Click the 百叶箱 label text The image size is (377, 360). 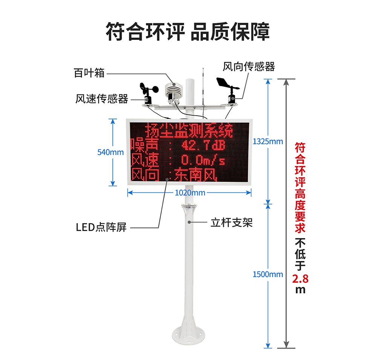click(89, 73)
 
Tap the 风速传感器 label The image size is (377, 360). click(102, 98)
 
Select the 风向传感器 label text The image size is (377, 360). click(248, 67)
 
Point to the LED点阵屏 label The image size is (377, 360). click(101, 227)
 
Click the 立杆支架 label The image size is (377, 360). click(231, 223)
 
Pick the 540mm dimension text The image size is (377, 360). click(110, 152)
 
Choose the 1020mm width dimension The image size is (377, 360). click(190, 192)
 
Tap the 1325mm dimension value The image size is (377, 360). click(268, 142)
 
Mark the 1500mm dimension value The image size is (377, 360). click(268, 274)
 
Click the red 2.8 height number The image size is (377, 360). click(300, 279)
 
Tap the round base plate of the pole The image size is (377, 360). click(188, 334)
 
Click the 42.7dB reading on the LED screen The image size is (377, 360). click(203, 145)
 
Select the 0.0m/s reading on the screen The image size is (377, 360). click(203, 160)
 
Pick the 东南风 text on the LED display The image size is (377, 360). click(195, 175)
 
